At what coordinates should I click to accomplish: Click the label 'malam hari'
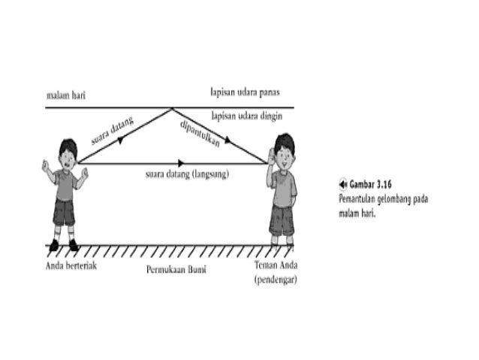pyautogui.click(x=65, y=96)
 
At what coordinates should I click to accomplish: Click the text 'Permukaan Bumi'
pyautogui.click(x=177, y=268)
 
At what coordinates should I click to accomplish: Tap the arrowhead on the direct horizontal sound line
pyautogui.click(x=181, y=162)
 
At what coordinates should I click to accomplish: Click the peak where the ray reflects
pyautogui.click(x=173, y=108)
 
